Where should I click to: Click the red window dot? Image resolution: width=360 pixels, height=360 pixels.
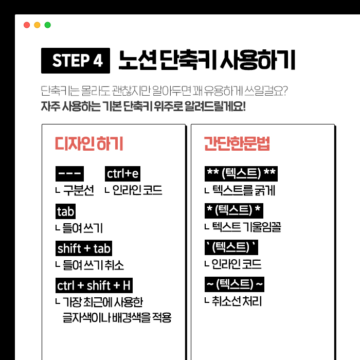[x=27, y=25]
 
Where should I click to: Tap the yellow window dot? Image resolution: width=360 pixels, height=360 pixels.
[x=37, y=25]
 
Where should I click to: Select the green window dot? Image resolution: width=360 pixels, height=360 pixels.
[x=47, y=25]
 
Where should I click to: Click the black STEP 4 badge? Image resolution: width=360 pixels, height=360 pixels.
[x=76, y=61]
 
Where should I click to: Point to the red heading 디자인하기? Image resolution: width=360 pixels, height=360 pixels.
[x=89, y=143]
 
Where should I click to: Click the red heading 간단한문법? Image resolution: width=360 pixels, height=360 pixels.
[x=237, y=143]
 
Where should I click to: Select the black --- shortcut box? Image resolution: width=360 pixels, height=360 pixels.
[x=69, y=174]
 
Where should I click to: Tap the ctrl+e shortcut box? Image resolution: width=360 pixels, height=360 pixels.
[x=122, y=174]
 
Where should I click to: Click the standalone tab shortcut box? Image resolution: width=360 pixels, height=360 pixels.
[x=65, y=211]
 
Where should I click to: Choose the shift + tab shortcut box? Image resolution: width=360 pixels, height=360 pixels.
[x=84, y=248]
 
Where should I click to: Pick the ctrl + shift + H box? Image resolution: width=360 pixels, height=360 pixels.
[x=94, y=285]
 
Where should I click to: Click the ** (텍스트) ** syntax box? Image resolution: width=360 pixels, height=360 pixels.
[x=241, y=174]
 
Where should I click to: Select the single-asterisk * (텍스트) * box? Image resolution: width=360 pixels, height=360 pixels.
[x=233, y=210]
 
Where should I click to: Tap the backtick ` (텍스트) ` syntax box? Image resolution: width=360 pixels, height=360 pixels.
[x=231, y=247]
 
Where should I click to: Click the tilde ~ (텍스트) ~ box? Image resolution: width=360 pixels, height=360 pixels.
[x=235, y=284]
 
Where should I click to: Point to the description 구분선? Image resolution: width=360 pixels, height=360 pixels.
[x=79, y=190]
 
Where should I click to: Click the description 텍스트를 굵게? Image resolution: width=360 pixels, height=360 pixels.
[x=244, y=190]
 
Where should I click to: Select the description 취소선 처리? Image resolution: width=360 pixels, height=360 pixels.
[x=237, y=301]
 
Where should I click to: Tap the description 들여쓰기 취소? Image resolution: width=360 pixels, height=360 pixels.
[x=93, y=265]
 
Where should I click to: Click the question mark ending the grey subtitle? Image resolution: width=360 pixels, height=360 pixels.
[x=285, y=91]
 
